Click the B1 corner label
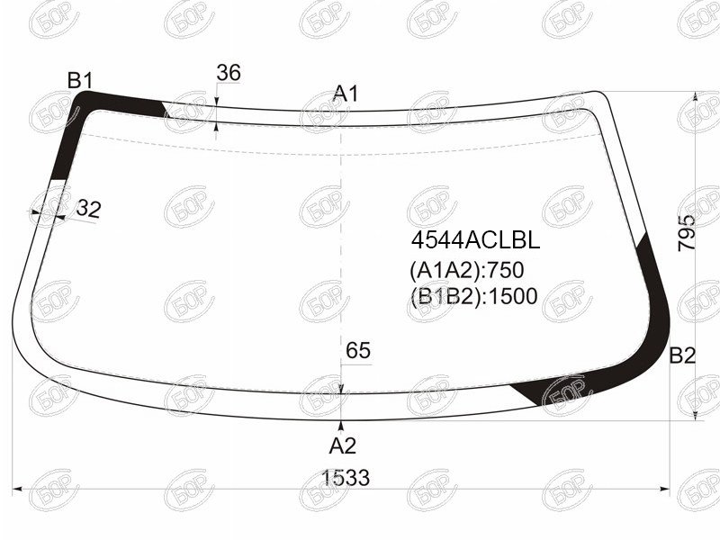(80, 81)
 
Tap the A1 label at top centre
(346, 94)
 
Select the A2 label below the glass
(343, 445)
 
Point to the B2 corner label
(682, 355)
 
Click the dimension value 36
(229, 73)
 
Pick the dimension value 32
(88, 209)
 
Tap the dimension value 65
(358, 351)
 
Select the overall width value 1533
(346, 478)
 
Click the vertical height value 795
(687, 233)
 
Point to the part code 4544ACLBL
(475, 240)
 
